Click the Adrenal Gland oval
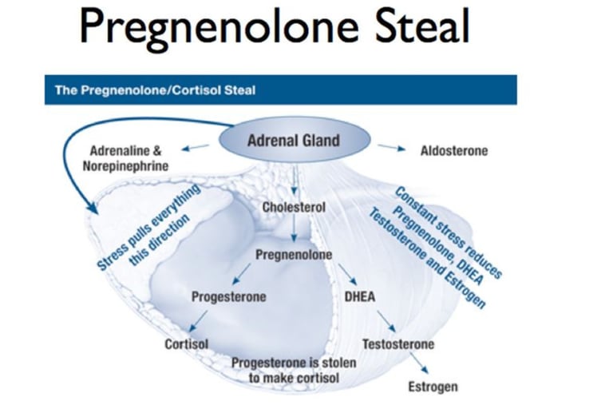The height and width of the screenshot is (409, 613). pos(294,141)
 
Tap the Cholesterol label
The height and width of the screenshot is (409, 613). pos(294,207)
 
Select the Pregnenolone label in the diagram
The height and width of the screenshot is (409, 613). pos(294,255)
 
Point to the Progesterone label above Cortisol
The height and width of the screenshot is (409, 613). pos(228,297)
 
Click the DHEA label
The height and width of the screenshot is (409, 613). pos(360,297)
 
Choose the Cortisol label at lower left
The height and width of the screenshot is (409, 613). pos(186,344)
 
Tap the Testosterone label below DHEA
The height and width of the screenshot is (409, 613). pos(398,344)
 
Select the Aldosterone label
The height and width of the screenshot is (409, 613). pos(454,150)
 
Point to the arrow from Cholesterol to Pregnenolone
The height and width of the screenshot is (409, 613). pos(294,231)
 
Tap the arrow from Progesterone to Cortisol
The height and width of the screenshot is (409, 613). pos(199,321)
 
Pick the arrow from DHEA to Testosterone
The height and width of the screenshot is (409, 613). pos(386,321)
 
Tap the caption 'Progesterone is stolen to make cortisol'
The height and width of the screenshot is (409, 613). pos(294,370)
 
